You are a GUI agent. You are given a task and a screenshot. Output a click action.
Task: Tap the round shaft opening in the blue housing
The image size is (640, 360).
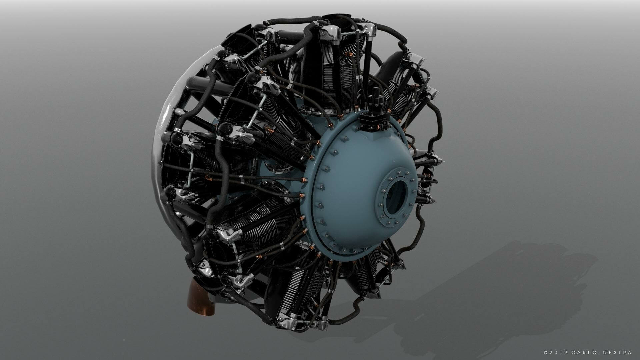(396, 197)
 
